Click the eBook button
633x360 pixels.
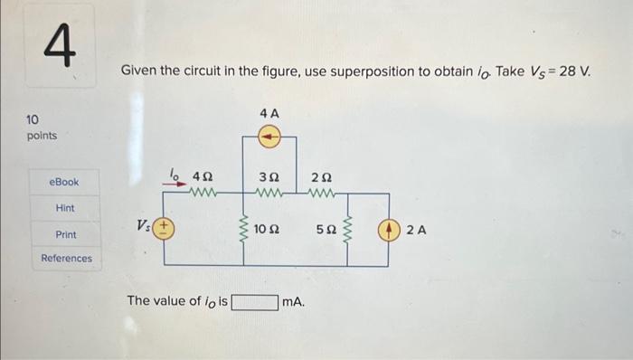[x=63, y=182]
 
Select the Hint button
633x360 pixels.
[x=65, y=208]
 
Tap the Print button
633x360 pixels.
[x=65, y=234]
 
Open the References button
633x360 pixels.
[x=66, y=259]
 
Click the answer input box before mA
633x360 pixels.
[x=254, y=301]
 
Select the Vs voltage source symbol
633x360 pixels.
[x=164, y=229]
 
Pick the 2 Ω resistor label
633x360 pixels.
[x=322, y=176]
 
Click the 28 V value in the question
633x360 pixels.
[x=572, y=71]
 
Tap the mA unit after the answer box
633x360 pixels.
[x=293, y=301]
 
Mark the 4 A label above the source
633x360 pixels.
[x=269, y=113]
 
